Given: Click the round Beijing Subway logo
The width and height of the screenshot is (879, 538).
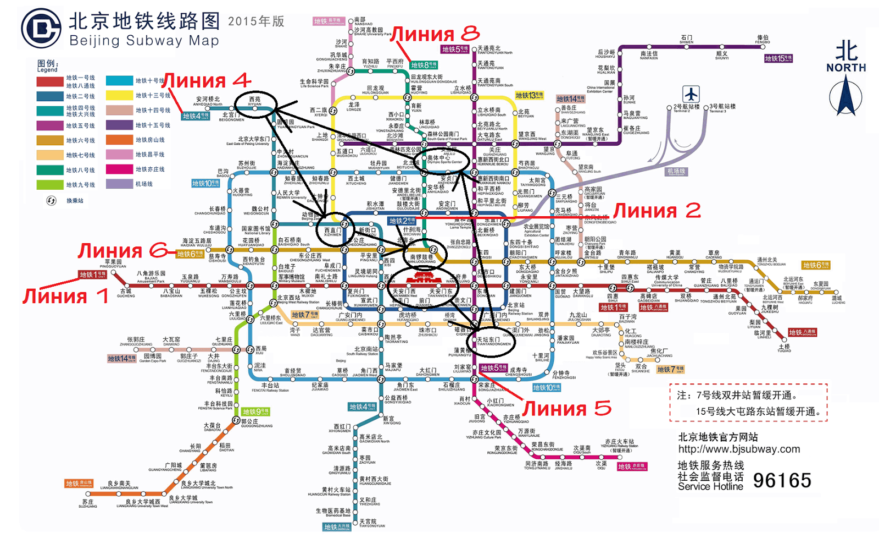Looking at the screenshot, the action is [41, 29].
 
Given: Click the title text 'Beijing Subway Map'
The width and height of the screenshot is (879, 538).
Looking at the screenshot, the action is [144, 41].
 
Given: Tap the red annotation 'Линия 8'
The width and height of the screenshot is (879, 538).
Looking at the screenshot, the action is [435, 34].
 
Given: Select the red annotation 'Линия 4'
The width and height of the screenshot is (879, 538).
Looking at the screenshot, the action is [206, 81].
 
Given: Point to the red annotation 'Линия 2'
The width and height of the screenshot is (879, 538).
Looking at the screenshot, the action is [657, 210].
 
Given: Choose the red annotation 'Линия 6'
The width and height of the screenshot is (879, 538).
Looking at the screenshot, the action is [123, 251].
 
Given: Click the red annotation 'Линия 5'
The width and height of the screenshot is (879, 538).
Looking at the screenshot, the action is [566, 408].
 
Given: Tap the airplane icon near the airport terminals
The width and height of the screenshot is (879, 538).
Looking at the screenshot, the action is [691, 94].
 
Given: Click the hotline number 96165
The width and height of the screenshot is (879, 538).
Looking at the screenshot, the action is [782, 480].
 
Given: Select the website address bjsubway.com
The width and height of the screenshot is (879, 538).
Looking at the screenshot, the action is [739, 449].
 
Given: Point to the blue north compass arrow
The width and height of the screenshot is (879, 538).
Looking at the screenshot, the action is [845, 96].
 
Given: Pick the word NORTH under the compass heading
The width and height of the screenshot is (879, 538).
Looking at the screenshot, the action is [846, 68].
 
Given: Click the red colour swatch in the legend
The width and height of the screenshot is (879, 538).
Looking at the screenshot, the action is [50, 81].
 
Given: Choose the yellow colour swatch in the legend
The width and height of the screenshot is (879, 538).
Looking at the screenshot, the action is [119, 95].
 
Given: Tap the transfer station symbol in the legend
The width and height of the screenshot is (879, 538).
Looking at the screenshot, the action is [51, 201].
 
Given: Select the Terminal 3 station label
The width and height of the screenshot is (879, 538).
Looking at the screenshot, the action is [722, 107].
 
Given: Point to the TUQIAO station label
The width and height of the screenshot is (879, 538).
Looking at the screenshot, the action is [784, 348].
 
